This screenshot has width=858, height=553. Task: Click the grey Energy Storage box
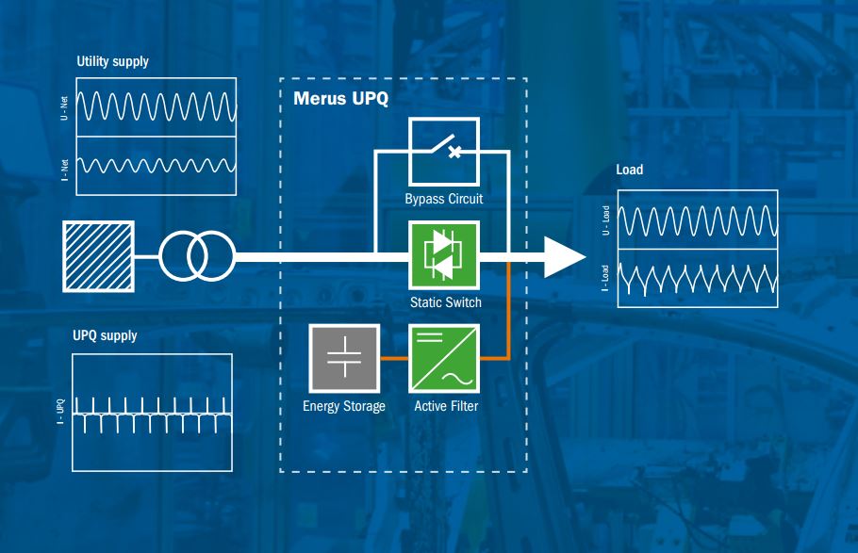pyautogui.click(x=344, y=359)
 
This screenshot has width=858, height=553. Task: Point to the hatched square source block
pyautogui.click(x=97, y=255)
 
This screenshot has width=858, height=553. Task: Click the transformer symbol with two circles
pyautogui.click(x=196, y=255)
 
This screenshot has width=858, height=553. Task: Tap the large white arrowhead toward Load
pyautogui.click(x=565, y=256)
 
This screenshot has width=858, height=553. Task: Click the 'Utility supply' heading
pyautogui.click(x=112, y=62)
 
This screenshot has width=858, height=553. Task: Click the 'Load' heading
pyautogui.click(x=629, y=171)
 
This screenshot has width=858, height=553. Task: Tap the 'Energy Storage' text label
pyautogui.click(x=344, y=407)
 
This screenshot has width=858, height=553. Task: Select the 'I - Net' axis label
pyautogui.click(x=63, y=167)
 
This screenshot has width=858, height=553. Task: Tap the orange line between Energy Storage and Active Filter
pyautogui.click(x=393, y=359)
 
